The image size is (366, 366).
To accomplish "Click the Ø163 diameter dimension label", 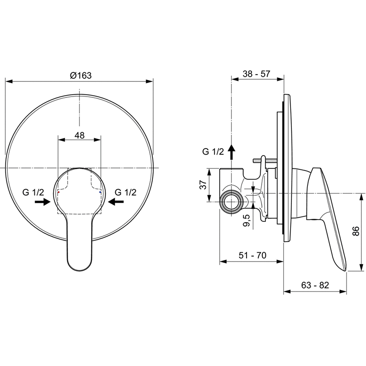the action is [81, 75].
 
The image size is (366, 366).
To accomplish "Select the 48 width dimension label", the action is [79, 135].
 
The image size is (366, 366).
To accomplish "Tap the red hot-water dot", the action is [59, 192].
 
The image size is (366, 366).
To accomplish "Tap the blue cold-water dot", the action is [100, 192].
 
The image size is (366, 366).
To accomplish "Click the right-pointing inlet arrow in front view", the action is [43, 202].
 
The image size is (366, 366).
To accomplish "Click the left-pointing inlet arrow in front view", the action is [116, 202].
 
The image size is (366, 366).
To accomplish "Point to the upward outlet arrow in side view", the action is [231, 152].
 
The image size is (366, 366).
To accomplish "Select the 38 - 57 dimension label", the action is [256, 74].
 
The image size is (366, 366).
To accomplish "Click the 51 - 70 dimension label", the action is [253, 255].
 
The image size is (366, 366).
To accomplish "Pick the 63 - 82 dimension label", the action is [315, 285].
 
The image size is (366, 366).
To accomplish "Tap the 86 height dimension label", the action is [356, 231].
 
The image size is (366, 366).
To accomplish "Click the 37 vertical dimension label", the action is [204, 185].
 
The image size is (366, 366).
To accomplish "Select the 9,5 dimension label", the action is [247, 221].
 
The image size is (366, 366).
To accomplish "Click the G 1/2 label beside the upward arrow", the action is [213, 152].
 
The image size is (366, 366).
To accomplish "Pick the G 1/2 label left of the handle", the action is [33, 192].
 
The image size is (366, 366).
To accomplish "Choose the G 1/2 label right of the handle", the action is [125, 192].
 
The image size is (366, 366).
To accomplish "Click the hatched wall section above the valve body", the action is [265, 161].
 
